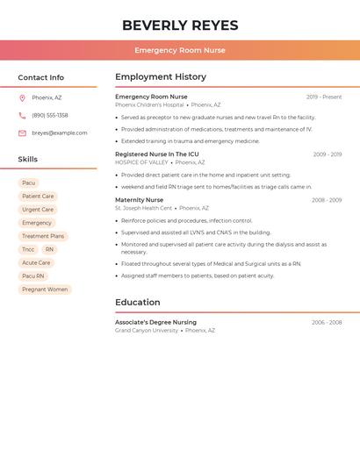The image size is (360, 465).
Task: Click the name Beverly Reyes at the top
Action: click(180, 25)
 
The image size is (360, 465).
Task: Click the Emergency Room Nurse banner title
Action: click(180, 50)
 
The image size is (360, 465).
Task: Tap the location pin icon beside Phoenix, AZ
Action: click(22, 97)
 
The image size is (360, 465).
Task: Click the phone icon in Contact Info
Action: click(22, 115)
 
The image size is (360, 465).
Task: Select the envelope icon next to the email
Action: click(22, 133)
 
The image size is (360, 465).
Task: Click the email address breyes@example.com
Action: click(60, 133)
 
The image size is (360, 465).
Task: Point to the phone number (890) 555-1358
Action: click(50, 115)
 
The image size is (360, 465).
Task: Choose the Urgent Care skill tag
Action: click(38, 210)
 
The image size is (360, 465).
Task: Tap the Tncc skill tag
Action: click(28, 249)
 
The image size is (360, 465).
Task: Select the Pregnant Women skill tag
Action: click(45, 290)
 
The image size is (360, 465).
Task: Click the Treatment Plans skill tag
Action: click(43, 236)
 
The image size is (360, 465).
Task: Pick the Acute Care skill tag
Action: click(36, 262)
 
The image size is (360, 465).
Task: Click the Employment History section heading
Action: click(161, 77)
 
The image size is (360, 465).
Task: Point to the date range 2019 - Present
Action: click(324, 97)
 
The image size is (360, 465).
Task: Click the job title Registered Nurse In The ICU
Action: click(157, 154)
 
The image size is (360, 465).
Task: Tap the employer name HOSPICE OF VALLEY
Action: click(141, 162)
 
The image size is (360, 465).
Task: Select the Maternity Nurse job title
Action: click(139, 200)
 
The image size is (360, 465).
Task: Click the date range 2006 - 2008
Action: click(327, 323)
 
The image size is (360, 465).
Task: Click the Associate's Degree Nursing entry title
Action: click(155, 322)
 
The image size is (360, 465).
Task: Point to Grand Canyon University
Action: click(147, 331)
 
